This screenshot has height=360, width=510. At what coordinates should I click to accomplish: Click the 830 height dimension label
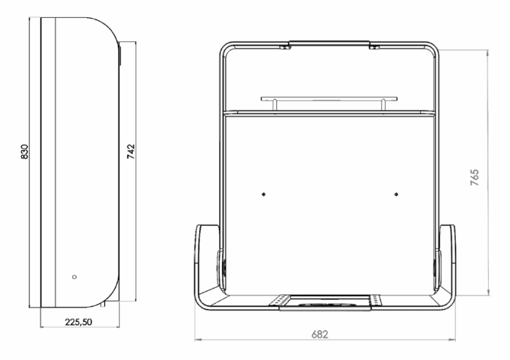pos(25,151)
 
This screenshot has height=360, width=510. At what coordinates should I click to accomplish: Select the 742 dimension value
pos(130,151)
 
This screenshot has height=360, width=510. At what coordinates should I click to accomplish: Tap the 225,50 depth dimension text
pos(79,322)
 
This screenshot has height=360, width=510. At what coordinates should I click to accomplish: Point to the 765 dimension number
pos(475,177)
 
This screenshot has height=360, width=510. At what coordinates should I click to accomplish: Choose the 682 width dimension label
pos(319,334)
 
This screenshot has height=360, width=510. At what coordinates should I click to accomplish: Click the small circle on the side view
pos(74,277)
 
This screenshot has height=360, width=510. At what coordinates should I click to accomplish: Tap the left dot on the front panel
pos(264,194)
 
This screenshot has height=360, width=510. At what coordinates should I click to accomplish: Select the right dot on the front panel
pos(396,194)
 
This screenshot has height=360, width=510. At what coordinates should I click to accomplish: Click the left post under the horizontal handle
pos(274,105)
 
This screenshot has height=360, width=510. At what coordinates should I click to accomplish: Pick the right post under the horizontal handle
pos(383,105)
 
